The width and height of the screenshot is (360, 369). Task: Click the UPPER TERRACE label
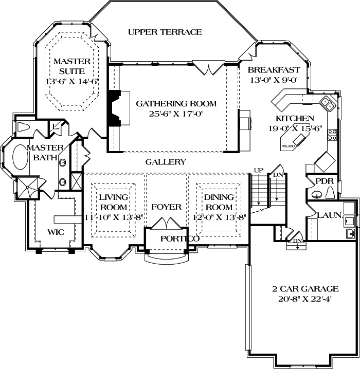click(x=165, y=32)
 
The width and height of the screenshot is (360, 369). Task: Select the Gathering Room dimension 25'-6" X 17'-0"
click(x=176, y=115)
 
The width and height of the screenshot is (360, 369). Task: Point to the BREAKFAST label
click(x=274, y=70)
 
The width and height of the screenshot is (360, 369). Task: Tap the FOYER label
click(x=166, y=207)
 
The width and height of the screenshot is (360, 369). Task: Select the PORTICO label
click(x=179, y=239)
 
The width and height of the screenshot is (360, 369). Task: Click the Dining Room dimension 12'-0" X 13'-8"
click(x=219, y=218)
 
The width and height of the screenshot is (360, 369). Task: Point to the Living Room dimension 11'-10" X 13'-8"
click(x=113, y=218)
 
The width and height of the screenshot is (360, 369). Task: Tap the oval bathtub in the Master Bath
click(x=22, y=158)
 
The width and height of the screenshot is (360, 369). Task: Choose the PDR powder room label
click(x=324, y=181)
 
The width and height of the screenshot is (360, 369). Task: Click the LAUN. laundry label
click(x=330, y=216)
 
